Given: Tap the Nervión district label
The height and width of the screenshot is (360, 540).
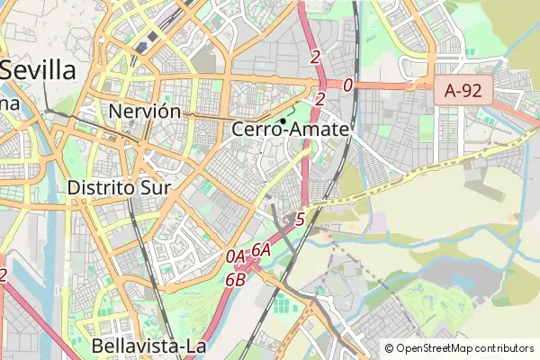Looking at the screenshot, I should pyautogui.click(x=144, y=112).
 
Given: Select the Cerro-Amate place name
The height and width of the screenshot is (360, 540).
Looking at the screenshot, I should pyautogui.click(x=290, y=130).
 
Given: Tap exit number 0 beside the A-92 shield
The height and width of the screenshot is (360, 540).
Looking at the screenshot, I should pyautogui.click(x=347, y=85).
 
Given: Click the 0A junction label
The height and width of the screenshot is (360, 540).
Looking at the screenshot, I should pyautogui.click(x=236, y=256).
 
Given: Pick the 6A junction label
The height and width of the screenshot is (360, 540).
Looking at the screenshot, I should pyautogui.click(x=261, y=249).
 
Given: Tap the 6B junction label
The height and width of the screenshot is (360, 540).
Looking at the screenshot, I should pyautogui.click(x=235, y=279).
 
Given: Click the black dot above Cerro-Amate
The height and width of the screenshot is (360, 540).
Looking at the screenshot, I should pyautogui.click(x=283, y=120).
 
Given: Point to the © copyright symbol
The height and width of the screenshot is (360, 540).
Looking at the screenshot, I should pyautogui.click(x=389, y=348).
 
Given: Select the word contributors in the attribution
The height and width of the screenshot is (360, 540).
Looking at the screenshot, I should pyautogui.click(x=505, y=348).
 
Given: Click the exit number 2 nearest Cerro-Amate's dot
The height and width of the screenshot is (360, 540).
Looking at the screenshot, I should pyautogui.click(x=320, y=99).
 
